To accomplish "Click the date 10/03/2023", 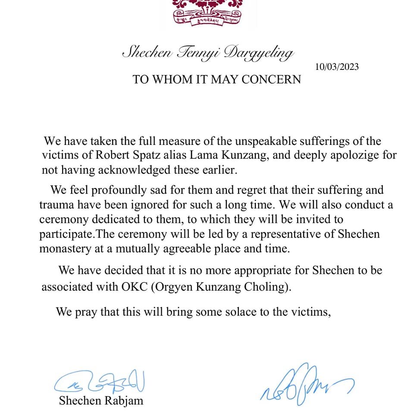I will [337, 67].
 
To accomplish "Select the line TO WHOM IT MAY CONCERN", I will [216, 79].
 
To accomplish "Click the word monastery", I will [63, 249].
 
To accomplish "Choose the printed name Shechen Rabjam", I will [101, 401].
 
